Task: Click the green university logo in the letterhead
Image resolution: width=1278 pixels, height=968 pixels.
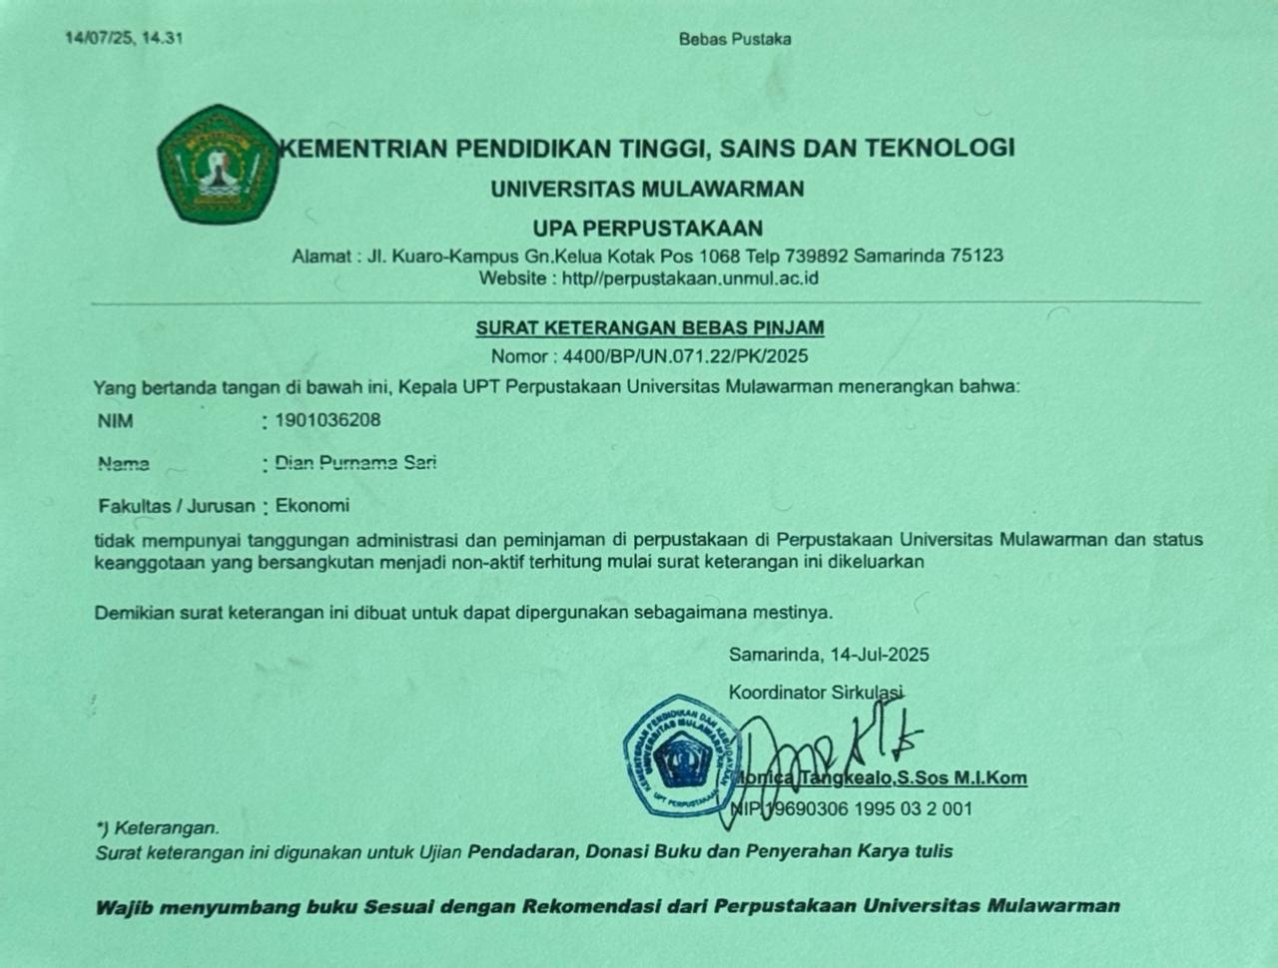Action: pos(217,164)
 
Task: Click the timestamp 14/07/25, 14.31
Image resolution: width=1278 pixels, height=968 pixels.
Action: pos(124,38)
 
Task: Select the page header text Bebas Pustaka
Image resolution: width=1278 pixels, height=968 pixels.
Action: pos(735,39)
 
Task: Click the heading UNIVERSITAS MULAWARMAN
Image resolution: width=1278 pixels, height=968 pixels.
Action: pos(647,189)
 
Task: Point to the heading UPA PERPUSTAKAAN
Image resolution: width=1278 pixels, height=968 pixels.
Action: pos(647,228)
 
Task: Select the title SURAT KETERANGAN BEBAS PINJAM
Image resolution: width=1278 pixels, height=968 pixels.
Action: pos(649,327)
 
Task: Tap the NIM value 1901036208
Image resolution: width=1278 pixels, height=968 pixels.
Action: pos(327,420)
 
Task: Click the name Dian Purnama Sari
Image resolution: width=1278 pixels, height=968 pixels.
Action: pos(355,463)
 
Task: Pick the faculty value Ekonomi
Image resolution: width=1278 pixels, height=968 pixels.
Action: pos(313,506)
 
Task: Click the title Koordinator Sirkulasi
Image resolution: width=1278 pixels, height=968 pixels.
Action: pos(816,692)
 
